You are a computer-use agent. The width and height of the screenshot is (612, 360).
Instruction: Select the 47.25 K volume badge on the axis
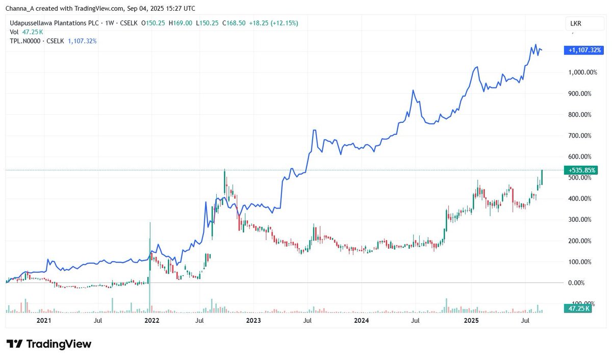coord(577,308)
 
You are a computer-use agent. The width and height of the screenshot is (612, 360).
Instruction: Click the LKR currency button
coord(576,24)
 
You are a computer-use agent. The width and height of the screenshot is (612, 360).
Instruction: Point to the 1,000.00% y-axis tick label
coord(582,72)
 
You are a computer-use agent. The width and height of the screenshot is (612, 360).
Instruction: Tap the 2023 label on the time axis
coord(253,321)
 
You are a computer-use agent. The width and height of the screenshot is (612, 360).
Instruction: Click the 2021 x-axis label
coord(44,321)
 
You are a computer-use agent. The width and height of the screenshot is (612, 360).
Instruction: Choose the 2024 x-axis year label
coord(361,321)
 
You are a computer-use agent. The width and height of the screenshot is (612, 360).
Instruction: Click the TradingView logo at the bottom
coord(49,344)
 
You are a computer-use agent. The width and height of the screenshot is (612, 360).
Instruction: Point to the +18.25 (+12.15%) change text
coord(273,23)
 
